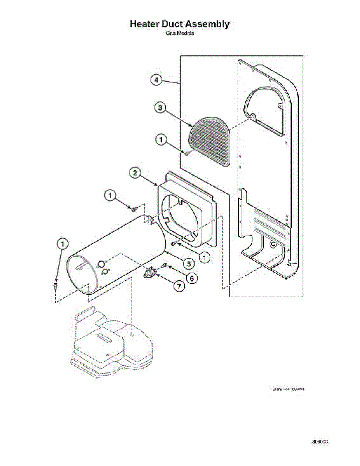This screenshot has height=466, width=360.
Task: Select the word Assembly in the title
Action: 210,24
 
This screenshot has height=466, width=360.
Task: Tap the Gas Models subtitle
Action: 179,33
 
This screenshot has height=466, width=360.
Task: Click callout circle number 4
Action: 156,80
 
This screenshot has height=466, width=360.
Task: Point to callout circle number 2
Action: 135,174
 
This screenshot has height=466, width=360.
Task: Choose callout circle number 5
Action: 188,264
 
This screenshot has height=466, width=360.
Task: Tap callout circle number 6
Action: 191,278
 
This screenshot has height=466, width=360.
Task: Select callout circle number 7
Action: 179,287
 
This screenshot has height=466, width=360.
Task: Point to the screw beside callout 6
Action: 165,265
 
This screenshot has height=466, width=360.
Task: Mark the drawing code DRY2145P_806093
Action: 288,389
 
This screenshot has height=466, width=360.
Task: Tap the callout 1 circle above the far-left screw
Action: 62,244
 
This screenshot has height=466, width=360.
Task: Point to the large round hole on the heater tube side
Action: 101,264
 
